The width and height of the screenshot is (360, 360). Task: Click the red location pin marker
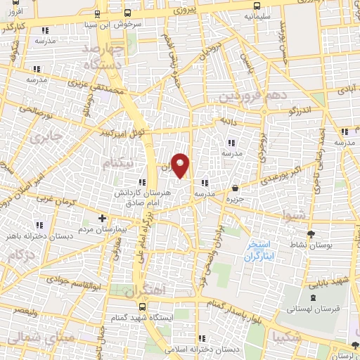tap(181, 164)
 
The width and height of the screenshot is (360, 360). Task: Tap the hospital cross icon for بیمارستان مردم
tap(103, 218)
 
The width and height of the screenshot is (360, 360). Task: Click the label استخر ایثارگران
tap(262, 250)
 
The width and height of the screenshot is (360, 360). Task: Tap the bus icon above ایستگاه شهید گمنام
tap(143, 307)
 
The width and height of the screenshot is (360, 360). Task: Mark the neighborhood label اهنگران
tap(143, 290)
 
